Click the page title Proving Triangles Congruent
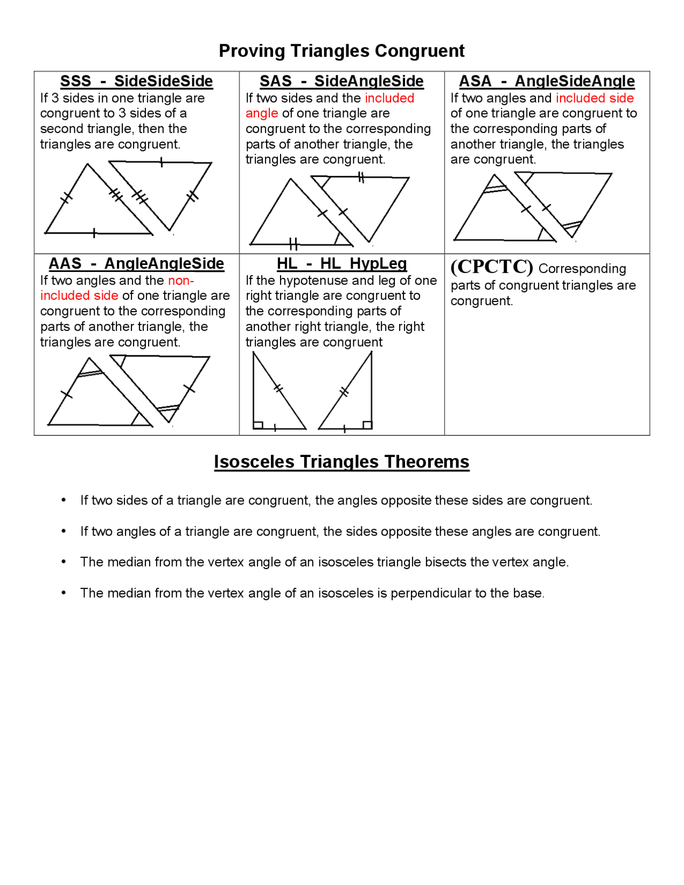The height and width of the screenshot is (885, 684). (x=341, y=51)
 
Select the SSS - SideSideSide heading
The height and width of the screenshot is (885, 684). (x=136, y=81)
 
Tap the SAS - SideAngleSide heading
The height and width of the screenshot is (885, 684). (x=341, y=81)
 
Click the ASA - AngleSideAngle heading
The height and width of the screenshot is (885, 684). (x=547, y=81)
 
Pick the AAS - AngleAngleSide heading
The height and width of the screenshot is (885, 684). (x=136, y=263)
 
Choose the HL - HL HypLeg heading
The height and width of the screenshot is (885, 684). (x=341, y=263)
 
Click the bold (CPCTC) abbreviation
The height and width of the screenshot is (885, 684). (x=492, y=267)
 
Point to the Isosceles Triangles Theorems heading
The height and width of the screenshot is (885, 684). (x=341, y=462)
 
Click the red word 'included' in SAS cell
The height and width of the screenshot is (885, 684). (x=390, y=98)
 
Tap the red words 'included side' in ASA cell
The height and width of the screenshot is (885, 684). (x=594, y=98)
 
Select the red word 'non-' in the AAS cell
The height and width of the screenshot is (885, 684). (x=181, y=281)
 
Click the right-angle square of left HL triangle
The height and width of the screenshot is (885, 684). (x=258, y=425)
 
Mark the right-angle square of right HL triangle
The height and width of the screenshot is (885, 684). (x=367, y=425)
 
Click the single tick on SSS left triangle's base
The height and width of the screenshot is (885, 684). (x=94, y=233)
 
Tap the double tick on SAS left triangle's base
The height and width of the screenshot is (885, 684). (x=293, y=245)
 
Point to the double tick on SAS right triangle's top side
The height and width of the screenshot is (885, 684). (x=361, y=177)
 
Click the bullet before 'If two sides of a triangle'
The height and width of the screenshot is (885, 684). (x=64, y=500)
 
